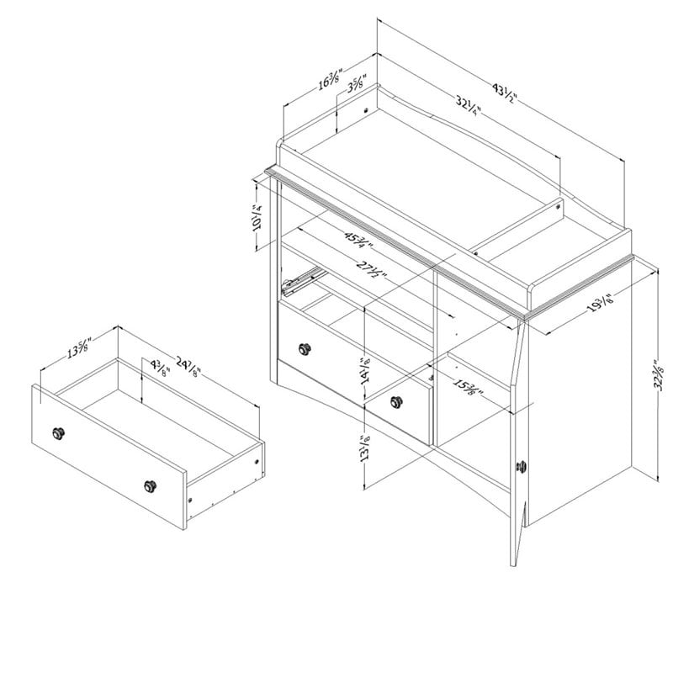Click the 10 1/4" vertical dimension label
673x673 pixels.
coord(256,217)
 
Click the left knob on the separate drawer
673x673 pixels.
coord(59,432)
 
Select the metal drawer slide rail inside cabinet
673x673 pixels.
coord(305,279)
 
